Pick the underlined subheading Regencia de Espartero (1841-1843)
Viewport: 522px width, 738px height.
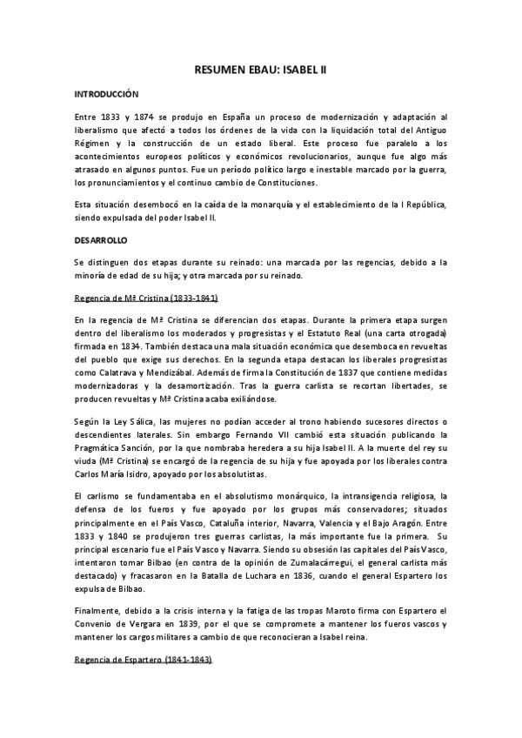(x=143, y=661)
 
